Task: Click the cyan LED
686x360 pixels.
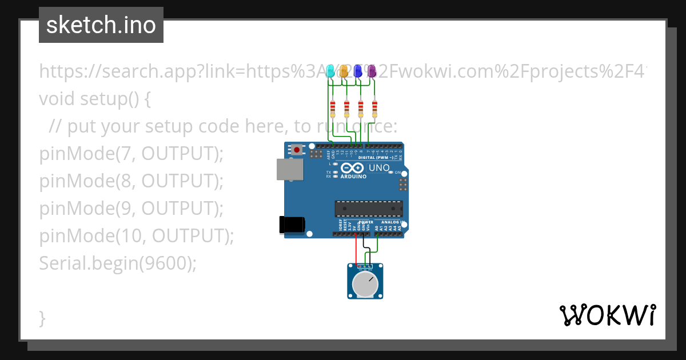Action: tap(330, 71)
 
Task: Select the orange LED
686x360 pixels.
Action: tap(344, 71)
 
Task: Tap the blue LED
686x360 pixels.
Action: tap(358, 71)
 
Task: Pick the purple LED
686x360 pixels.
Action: tap(372, 71)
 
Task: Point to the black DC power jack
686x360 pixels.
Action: tap(290, 225)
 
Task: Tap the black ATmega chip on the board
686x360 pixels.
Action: tap(369, 209)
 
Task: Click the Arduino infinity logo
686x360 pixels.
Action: tap(353, 169)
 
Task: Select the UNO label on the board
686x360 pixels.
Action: tap(379, 168)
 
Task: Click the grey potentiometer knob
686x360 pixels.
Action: tap(365, 284)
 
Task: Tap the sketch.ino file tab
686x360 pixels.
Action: tap(101, 25)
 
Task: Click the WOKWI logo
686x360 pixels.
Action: tap(607, 315)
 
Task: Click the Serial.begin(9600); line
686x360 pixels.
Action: tap(118, 263)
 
